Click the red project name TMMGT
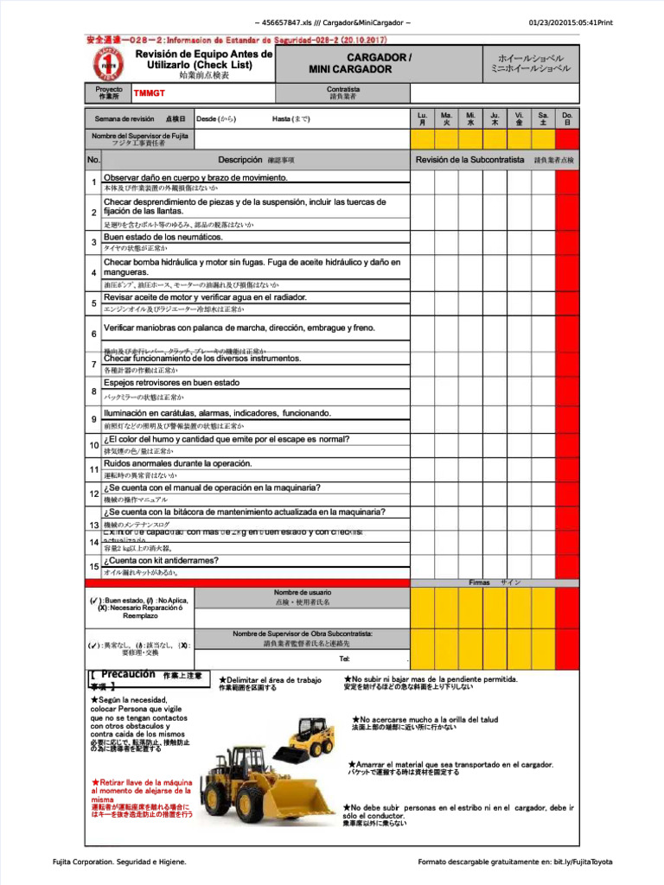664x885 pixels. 149,93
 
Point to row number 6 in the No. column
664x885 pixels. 93,334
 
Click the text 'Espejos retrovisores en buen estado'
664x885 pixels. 171,383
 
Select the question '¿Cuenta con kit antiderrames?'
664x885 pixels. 161,560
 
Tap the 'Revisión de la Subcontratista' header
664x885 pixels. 469,160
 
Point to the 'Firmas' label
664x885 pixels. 480,583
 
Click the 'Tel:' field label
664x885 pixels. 344,659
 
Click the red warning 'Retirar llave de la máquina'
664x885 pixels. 141,786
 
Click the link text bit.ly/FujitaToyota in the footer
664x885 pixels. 583,862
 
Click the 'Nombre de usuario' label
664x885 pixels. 302,592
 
